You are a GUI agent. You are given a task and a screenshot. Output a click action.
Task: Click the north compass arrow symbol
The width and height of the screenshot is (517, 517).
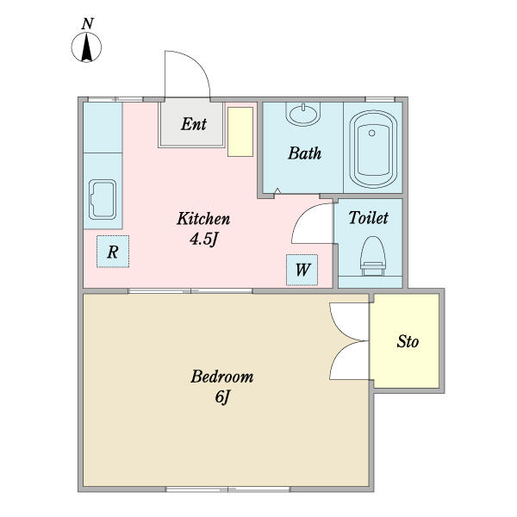(86, 47)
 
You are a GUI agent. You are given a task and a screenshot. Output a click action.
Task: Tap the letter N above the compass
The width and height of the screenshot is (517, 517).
(87, 24)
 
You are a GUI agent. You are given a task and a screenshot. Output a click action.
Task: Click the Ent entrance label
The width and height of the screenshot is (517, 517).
(194, 124)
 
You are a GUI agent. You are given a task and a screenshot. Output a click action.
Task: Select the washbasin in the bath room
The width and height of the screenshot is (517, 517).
(303, 114)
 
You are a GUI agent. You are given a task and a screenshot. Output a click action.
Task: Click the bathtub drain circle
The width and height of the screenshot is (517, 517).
(372, 134)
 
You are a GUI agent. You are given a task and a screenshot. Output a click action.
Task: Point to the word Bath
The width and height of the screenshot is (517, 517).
(304, 153)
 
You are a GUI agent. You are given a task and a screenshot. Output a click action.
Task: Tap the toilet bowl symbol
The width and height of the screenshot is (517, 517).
(372, 256)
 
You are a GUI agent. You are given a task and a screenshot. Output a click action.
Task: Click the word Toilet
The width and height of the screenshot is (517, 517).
(368, 218)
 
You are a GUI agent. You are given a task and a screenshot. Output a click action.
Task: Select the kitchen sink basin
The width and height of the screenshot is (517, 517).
(103, 199)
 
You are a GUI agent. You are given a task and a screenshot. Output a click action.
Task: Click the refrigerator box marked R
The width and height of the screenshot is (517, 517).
(113, 252)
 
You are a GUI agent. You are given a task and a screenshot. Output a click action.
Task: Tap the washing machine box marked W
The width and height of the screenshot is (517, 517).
(302, 270)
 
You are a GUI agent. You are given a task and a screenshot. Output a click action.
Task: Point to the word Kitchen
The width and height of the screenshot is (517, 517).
(203, 219)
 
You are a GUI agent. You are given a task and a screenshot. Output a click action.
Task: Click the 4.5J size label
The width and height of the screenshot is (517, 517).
(203, 239)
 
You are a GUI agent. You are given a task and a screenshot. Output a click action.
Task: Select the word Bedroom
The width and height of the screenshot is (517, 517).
(222, 377)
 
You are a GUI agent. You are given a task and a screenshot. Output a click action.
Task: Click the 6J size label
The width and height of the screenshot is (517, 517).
(222, 396)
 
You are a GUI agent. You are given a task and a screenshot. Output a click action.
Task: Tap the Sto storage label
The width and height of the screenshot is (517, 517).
(408, 341)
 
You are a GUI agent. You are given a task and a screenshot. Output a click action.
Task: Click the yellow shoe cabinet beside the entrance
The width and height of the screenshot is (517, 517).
(240, 132)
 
